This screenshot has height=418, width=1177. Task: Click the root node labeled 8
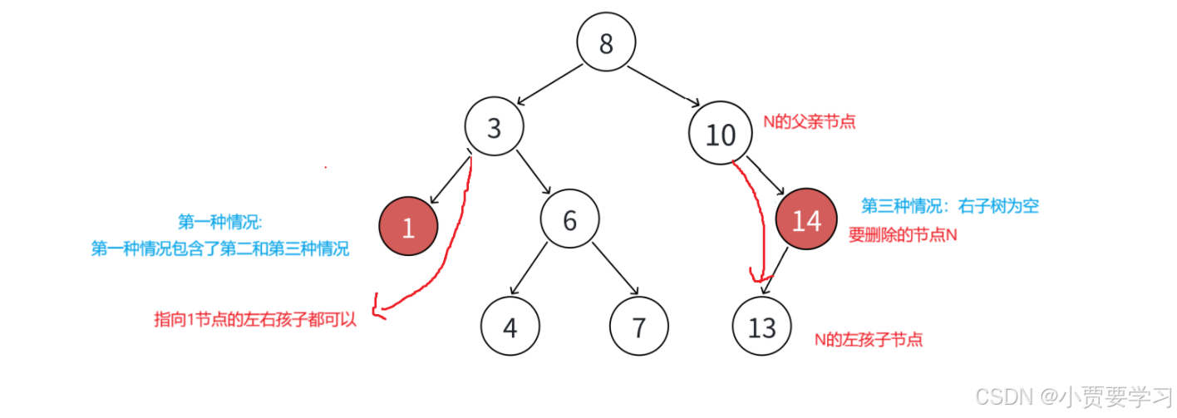tap(606, 42)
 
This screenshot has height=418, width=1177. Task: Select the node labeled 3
tap(495, 129)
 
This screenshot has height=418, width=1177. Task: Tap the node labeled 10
tap(720, 134)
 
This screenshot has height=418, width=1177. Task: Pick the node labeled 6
tap(569, 220)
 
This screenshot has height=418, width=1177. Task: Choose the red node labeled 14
tap(806, 220)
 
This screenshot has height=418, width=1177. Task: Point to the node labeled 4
tap(510, 327)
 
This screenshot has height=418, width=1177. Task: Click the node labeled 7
tap(638, 327)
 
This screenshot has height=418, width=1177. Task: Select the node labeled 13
tap(762, 327)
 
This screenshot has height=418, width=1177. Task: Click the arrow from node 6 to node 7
tap(614, 268)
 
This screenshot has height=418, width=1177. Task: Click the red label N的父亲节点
tap(810, 121)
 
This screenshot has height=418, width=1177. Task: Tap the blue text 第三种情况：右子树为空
tap(949, 206)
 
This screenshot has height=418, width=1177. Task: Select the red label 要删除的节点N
tap(903, 235)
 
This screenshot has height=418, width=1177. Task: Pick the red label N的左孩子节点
tap(869, 339)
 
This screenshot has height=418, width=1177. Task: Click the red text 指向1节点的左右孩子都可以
tap(255, 320)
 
